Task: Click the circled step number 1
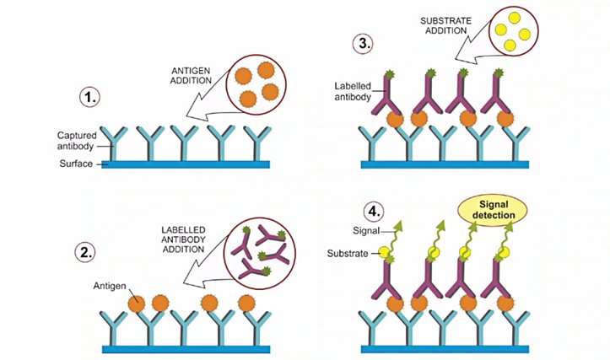pos(89,98)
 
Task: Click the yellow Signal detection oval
pos(491,207)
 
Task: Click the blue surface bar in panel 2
pos(186,348)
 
